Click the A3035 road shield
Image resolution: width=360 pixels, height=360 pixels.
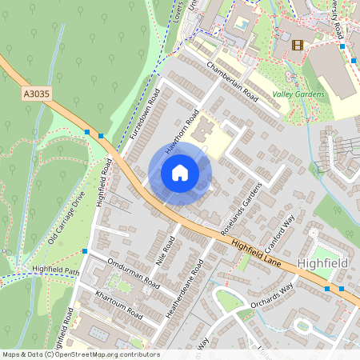point(36,94)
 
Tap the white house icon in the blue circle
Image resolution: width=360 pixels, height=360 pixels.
point(180,173)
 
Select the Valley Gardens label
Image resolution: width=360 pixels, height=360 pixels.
point(298,94)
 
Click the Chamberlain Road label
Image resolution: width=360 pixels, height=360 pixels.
point(233,82)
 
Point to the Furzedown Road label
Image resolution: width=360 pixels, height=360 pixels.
point(145,114)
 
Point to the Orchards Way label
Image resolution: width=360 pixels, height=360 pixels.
point(271,295)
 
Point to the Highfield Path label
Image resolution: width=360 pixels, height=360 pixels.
point(56,270)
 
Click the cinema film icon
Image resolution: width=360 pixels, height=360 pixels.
point(298,45)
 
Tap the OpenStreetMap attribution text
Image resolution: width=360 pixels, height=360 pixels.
point(81,354)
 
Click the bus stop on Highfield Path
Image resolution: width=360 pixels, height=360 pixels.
point(85,251)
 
